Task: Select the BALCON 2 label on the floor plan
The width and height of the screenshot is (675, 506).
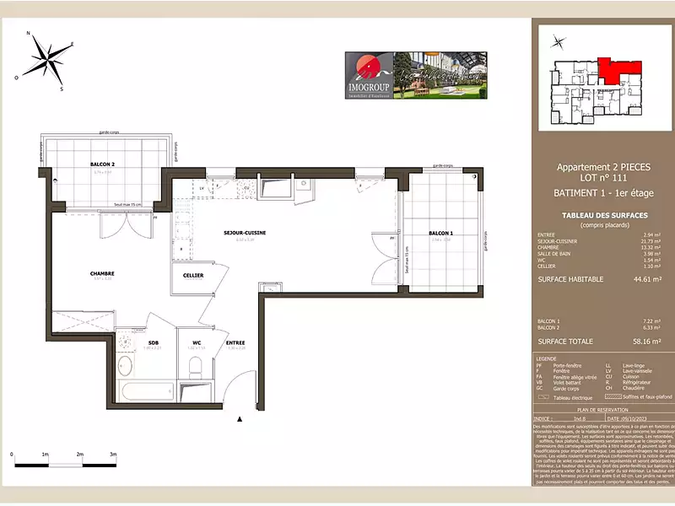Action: [102, 164]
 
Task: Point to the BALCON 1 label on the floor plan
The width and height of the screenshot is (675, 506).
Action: [440, 233]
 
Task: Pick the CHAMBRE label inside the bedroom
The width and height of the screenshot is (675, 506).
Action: [102, 272]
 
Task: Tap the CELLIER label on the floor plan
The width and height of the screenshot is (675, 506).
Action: [193, 275]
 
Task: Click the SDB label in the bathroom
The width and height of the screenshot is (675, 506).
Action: [154, 342]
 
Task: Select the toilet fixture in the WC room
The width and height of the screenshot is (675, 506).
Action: [195, 367]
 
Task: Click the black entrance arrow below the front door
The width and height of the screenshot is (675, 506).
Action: [240, 417]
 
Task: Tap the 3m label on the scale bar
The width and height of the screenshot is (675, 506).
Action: [112, 455]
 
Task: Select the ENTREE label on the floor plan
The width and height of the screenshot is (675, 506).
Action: [235, 342]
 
